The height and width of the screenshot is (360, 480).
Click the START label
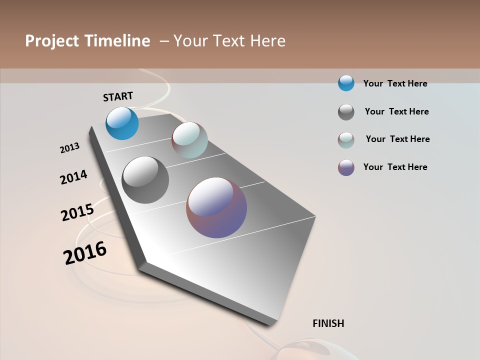coord(118,96)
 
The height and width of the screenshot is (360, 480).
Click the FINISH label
coord(328,323)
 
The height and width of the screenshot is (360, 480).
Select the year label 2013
coord(69,148)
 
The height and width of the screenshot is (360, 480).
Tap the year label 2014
coord(73,177)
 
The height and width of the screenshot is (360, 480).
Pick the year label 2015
coord(77,212)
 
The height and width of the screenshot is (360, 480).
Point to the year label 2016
coord(85,253)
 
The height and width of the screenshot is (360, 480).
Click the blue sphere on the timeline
coord(122,123)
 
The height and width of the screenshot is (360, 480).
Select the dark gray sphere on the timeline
coord(145,180)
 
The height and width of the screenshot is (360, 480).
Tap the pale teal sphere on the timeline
coord(189,140)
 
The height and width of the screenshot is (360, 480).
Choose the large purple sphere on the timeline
coord(216,207)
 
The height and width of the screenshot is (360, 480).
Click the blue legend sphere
coord(346,83)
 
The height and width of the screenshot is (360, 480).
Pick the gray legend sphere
coord(346,112)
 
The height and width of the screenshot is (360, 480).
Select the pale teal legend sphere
coord(346,140)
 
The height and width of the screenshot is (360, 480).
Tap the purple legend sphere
coord(346,167)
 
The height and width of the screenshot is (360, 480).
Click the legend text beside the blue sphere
coord(395,83)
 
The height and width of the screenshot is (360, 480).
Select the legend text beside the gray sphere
coord(396,111)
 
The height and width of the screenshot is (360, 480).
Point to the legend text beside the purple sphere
coord(395,167)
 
